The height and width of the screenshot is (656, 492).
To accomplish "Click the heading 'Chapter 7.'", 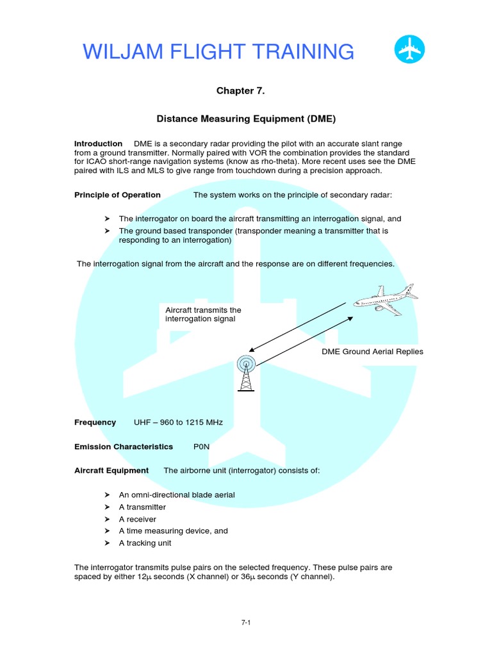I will (240, 91).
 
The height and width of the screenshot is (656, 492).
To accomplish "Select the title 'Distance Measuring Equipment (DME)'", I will (247, 119).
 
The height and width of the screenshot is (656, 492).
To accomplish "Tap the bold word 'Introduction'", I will (99, 143).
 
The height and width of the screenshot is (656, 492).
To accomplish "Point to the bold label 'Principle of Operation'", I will (117, 195).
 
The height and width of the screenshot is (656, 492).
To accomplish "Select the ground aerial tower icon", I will (246, 373).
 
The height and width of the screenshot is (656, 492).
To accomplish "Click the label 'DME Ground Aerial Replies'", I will (372, 352).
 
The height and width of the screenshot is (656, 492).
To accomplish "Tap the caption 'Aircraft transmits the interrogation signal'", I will (203, 314).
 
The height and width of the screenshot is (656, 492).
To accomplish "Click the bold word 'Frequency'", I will (95, 422).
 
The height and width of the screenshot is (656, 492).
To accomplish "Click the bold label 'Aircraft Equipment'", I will (111, 470).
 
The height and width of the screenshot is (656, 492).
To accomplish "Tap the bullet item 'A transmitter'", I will (142, 507).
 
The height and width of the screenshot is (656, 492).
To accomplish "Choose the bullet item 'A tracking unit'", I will (145, 543).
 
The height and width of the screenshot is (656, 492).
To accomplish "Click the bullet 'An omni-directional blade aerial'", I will (177, 495).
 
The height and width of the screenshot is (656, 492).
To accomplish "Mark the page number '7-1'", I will (245, 622).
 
